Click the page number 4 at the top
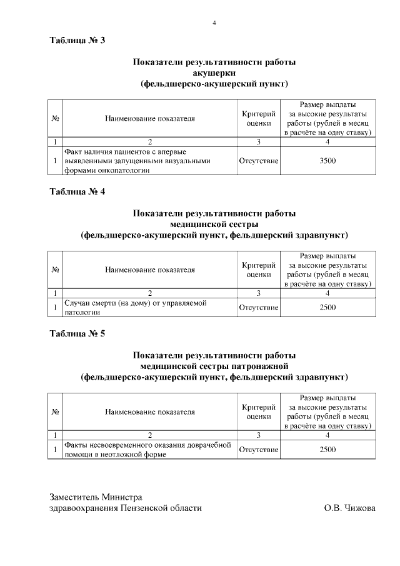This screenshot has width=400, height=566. tap(214, 23)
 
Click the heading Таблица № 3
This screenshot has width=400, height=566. tap(77, 41)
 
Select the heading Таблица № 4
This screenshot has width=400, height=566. tap(77, 192)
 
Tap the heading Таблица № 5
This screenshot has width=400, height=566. tap(77, 333)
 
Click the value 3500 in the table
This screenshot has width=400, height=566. tap(327, 161)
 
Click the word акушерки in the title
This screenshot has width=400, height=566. tap(214, 73)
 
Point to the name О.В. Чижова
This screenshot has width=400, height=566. tap(349, 508)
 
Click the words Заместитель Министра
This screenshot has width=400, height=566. tap(96, 497)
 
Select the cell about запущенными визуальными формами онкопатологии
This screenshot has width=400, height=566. tap(149, 161)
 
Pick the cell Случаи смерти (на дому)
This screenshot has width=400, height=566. tap(149, 307)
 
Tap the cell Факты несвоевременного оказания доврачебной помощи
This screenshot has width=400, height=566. tap(149, 450)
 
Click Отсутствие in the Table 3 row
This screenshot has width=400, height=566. tap(258, 161)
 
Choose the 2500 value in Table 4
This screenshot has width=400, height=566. tap(327, 307)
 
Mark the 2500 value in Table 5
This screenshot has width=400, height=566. tap(327, 450)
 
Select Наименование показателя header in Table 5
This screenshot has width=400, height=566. tap(149, 412)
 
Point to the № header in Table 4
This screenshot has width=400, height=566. tap(55, 270)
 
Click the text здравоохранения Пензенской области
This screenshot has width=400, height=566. tap(126, 508)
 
